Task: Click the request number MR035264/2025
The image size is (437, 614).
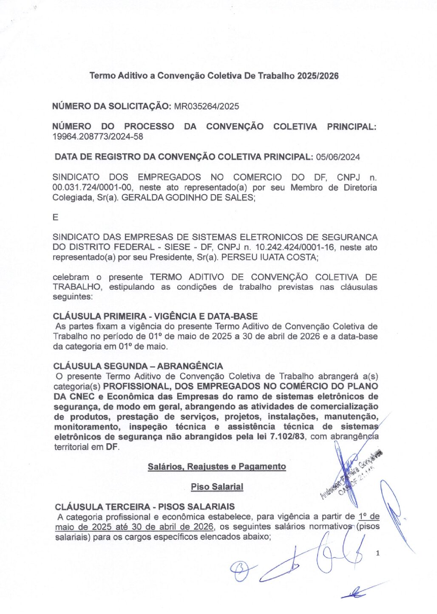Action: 207,106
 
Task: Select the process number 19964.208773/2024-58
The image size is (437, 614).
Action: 97,137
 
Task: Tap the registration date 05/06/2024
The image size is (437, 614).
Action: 338,157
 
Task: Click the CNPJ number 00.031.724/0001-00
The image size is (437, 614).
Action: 93,187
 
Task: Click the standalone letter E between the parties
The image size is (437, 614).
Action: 55,218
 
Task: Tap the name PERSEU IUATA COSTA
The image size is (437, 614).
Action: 269,257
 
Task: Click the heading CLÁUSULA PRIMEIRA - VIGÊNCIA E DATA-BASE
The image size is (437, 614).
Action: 155,316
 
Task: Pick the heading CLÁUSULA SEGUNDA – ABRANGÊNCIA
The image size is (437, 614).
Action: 138,366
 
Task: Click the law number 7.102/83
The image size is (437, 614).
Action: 287,437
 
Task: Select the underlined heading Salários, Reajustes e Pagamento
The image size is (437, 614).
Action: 217,467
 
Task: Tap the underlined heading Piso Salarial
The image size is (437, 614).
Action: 217,487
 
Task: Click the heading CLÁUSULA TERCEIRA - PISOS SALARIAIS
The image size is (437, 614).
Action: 145,507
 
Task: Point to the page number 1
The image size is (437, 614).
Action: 377,553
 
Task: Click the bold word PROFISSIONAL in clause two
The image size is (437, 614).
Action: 136,386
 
